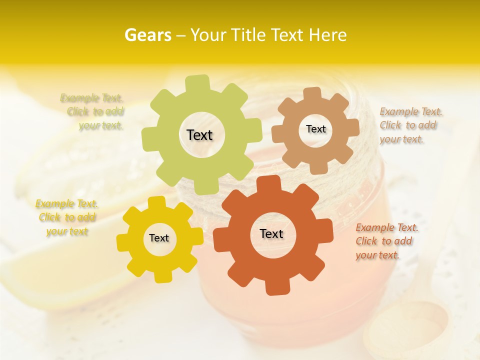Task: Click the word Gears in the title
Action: (x=147, y=35)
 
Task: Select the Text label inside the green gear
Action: (x=199, y=135)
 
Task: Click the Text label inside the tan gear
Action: (x=315, y=129)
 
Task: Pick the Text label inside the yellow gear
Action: (x=159, y=238)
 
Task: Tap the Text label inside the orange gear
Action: (x=271, y=233)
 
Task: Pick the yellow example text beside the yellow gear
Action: (x=67, y=217)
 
